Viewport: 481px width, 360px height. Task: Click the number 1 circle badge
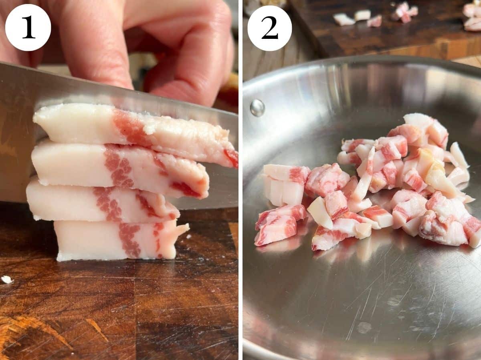tap(28, 27)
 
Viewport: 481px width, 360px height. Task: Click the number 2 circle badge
tap(269, 28)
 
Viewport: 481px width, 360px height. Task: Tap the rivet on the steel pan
tap(257, 107)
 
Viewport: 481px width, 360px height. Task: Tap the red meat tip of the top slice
tap(232, 157)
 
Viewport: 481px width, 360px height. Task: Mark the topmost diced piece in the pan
tap(419, 122)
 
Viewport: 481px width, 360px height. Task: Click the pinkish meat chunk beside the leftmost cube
tap(325, 179)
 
